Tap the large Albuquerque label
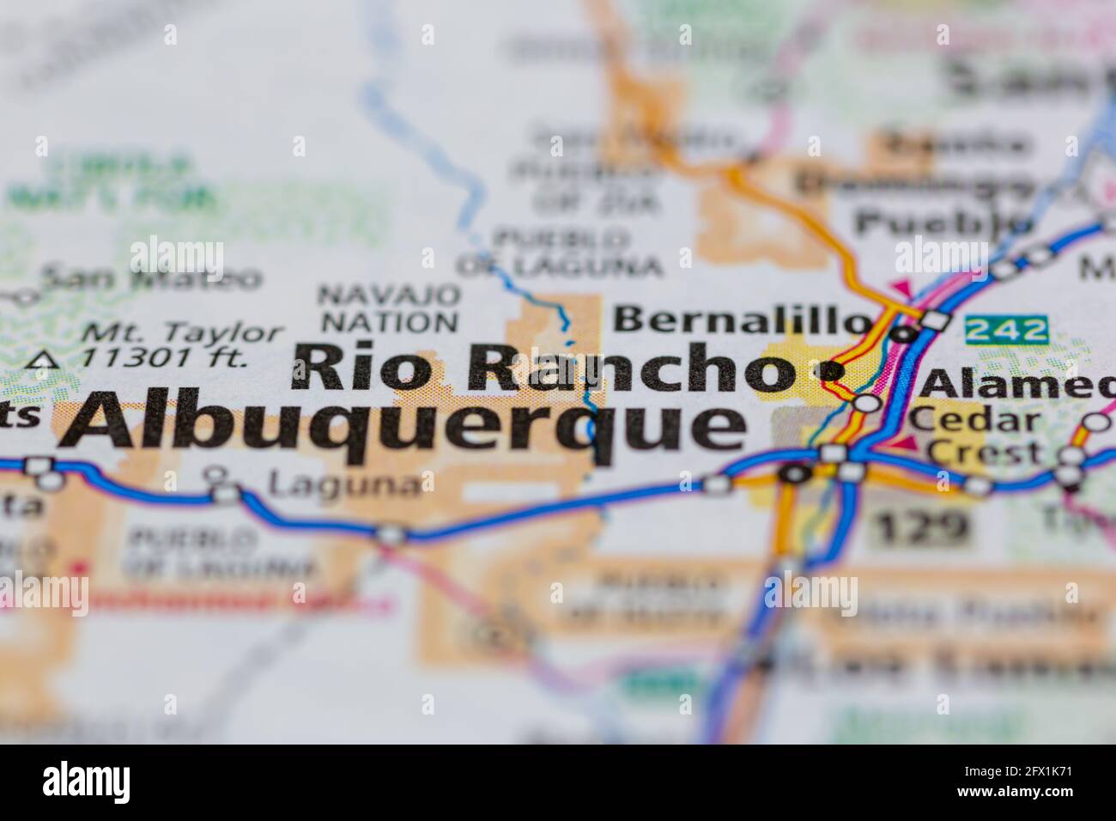click(x=403, y=425)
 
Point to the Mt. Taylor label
click(x=185, y=333)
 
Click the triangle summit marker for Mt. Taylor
click(x=39, y=361)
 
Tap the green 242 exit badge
click(x=1007, y=329)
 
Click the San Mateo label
click(x=151, y=277)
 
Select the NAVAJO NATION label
click(x=388, y=309)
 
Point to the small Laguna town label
click(x=345, y=485)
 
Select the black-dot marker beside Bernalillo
click(x=901, y=333)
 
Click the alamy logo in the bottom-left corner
click(x=86, y=782)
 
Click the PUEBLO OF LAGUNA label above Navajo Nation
click(x=560, y=251)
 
